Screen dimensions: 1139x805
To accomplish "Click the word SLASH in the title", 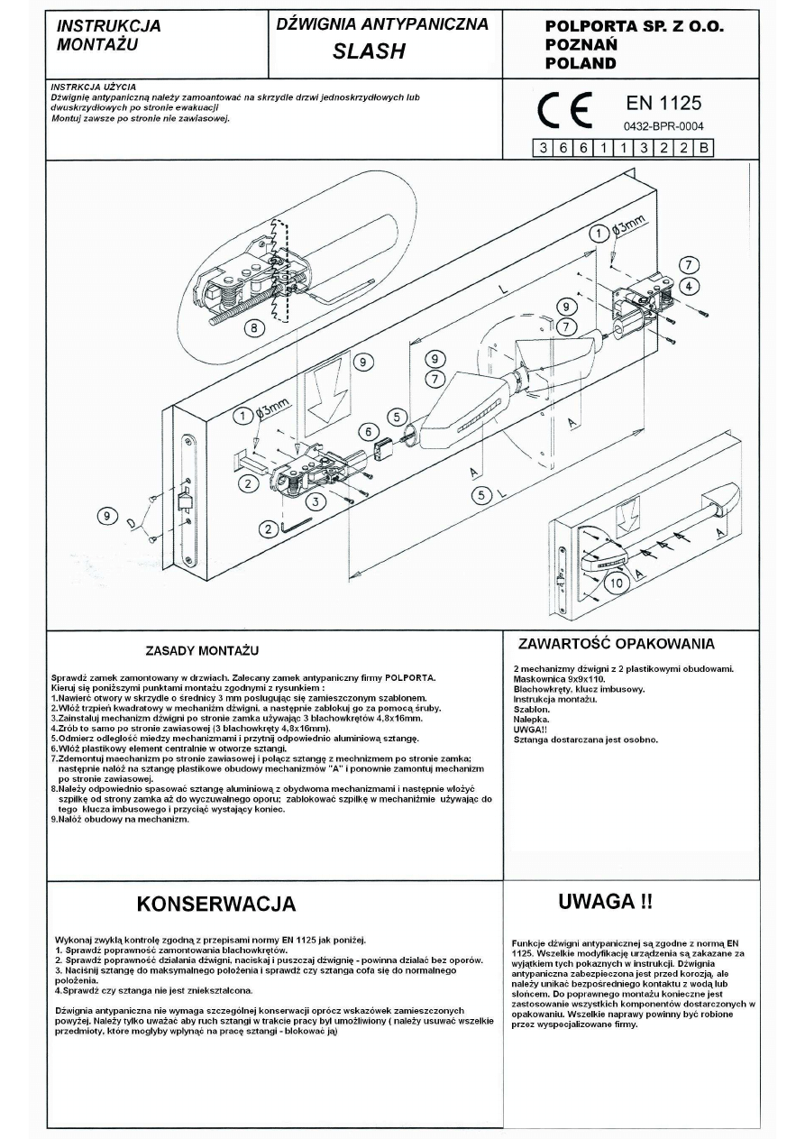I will [369, 52].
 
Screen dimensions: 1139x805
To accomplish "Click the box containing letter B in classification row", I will [704, 149].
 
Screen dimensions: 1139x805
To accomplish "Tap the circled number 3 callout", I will [316, 500].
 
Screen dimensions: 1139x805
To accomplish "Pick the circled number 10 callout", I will [616, 583].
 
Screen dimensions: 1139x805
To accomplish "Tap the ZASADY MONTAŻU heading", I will [202, 650].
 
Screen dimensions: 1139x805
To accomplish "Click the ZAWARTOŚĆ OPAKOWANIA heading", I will [617, 644].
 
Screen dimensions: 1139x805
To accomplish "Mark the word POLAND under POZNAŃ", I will [581, 63].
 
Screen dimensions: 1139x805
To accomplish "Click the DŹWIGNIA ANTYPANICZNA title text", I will [383, 25].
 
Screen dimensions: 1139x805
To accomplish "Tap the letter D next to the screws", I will [133, 521].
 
